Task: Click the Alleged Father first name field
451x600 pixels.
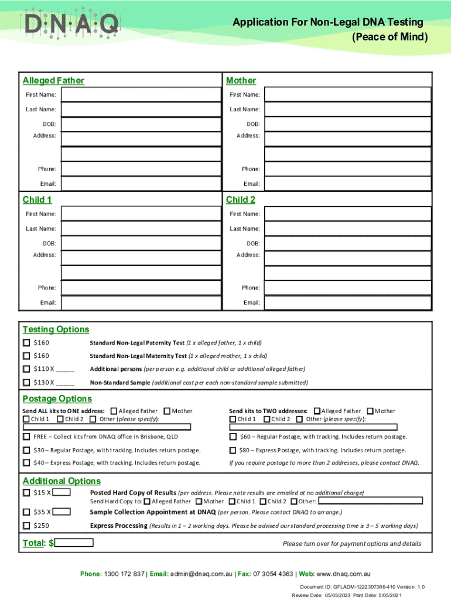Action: (x=141, y=95)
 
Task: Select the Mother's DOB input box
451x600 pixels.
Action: (x=347, y=125)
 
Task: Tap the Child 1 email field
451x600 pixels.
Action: (x=141, y=303)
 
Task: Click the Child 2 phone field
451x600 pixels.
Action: (x=347, y=288)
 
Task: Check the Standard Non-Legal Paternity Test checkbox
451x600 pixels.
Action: (x=26, y=343)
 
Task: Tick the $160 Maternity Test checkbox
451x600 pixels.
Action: (x=26, y=356)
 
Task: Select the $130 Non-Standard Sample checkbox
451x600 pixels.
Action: (x=26, y=383)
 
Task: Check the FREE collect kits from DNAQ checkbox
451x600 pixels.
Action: (x=26, y=437)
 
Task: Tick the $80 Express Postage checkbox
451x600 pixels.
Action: (x=233, y=450)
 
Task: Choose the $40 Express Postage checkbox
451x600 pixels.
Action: (x=26, y=463)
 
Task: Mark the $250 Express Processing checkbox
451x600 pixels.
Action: (x=26, y=526)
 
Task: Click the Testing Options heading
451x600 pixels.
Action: (x=56, y=329)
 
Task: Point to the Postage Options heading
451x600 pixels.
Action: (x=57, y=398)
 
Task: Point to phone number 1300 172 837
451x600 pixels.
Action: (x=124, y=574)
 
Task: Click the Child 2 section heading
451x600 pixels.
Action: (x=241, y=200)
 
